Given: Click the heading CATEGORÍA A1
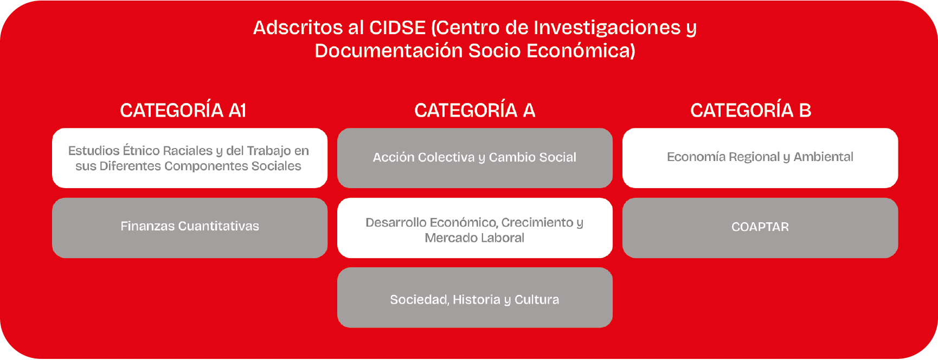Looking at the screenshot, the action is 183,111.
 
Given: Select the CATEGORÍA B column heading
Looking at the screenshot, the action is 751,111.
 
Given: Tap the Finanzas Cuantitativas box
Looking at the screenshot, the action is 190,228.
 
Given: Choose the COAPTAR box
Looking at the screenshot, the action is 760,228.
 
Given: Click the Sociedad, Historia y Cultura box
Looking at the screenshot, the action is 475,298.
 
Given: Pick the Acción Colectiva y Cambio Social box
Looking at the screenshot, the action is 475,158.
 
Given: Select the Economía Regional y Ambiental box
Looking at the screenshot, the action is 760,158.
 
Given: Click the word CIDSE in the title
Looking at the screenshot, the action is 397,28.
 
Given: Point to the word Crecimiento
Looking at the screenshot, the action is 537,223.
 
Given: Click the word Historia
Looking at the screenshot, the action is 477,300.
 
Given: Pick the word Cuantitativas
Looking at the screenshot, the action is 219,226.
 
